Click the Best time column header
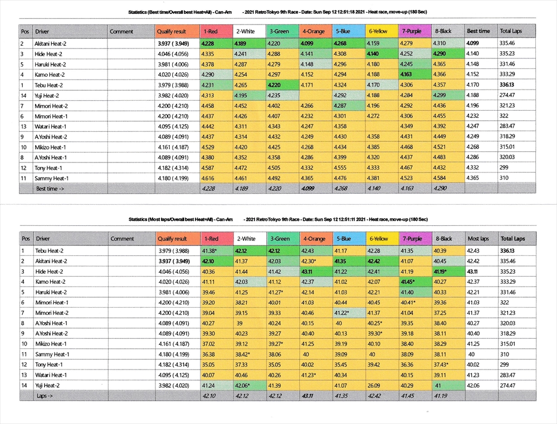478,32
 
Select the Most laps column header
478,239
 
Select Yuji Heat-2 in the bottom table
50,386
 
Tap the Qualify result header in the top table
172,32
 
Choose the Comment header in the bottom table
122,239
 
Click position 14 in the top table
23,96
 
